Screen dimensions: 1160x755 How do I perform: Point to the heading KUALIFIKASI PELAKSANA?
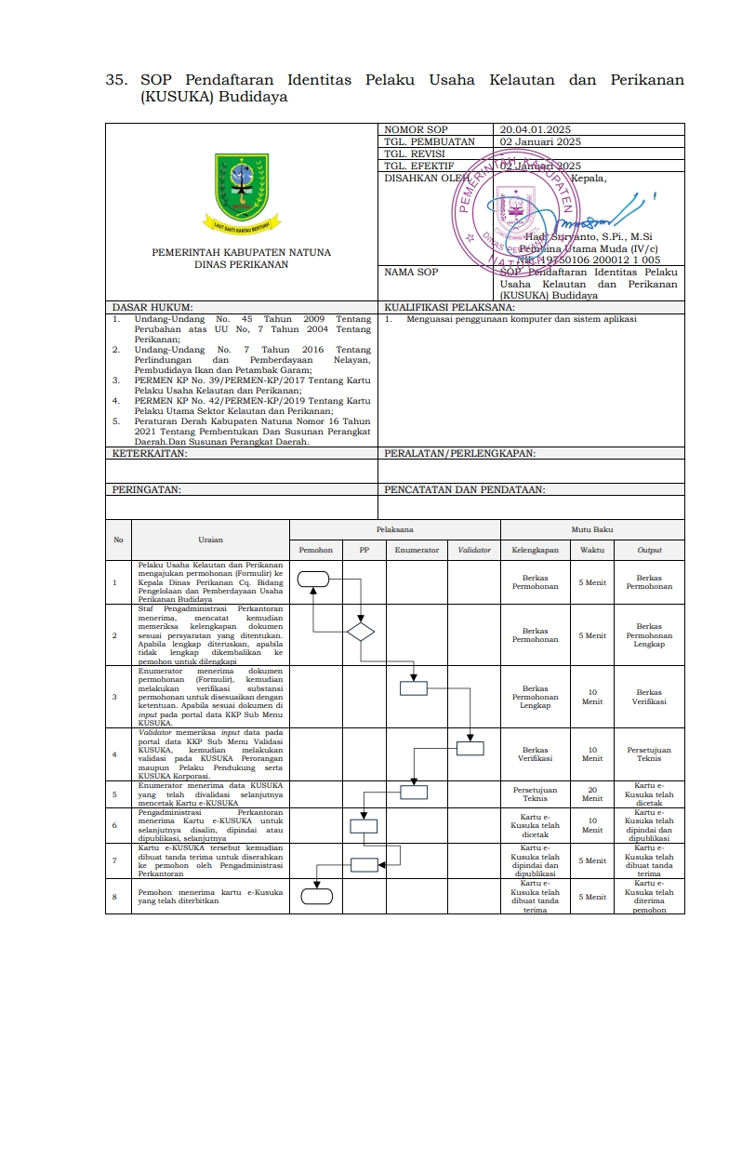click(x=449, y=306)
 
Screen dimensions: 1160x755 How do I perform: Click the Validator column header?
click(x=474, y=550)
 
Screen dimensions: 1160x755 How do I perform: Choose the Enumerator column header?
click(x=417, y=550)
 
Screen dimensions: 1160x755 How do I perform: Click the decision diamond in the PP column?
click(x=361, y=633)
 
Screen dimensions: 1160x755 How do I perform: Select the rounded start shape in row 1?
click(x=314, y=580)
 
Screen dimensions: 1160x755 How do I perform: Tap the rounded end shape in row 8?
click(x=317, y=897)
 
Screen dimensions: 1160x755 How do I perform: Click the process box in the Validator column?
click(x=470, y=748)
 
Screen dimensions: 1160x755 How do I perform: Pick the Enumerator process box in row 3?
click(x=414, y=688)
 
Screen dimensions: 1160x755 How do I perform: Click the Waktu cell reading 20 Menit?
click(x=592, y=794)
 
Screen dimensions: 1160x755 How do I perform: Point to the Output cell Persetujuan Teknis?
click(x=649, y=753)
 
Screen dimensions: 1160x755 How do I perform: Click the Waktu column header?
click(x=592, y=550)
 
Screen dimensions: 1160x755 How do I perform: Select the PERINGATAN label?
click(x=147, y=488)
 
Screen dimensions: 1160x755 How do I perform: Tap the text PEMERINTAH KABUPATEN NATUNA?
click(x=241, y=252)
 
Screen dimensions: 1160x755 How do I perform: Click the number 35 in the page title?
click(x=116, y=81)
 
